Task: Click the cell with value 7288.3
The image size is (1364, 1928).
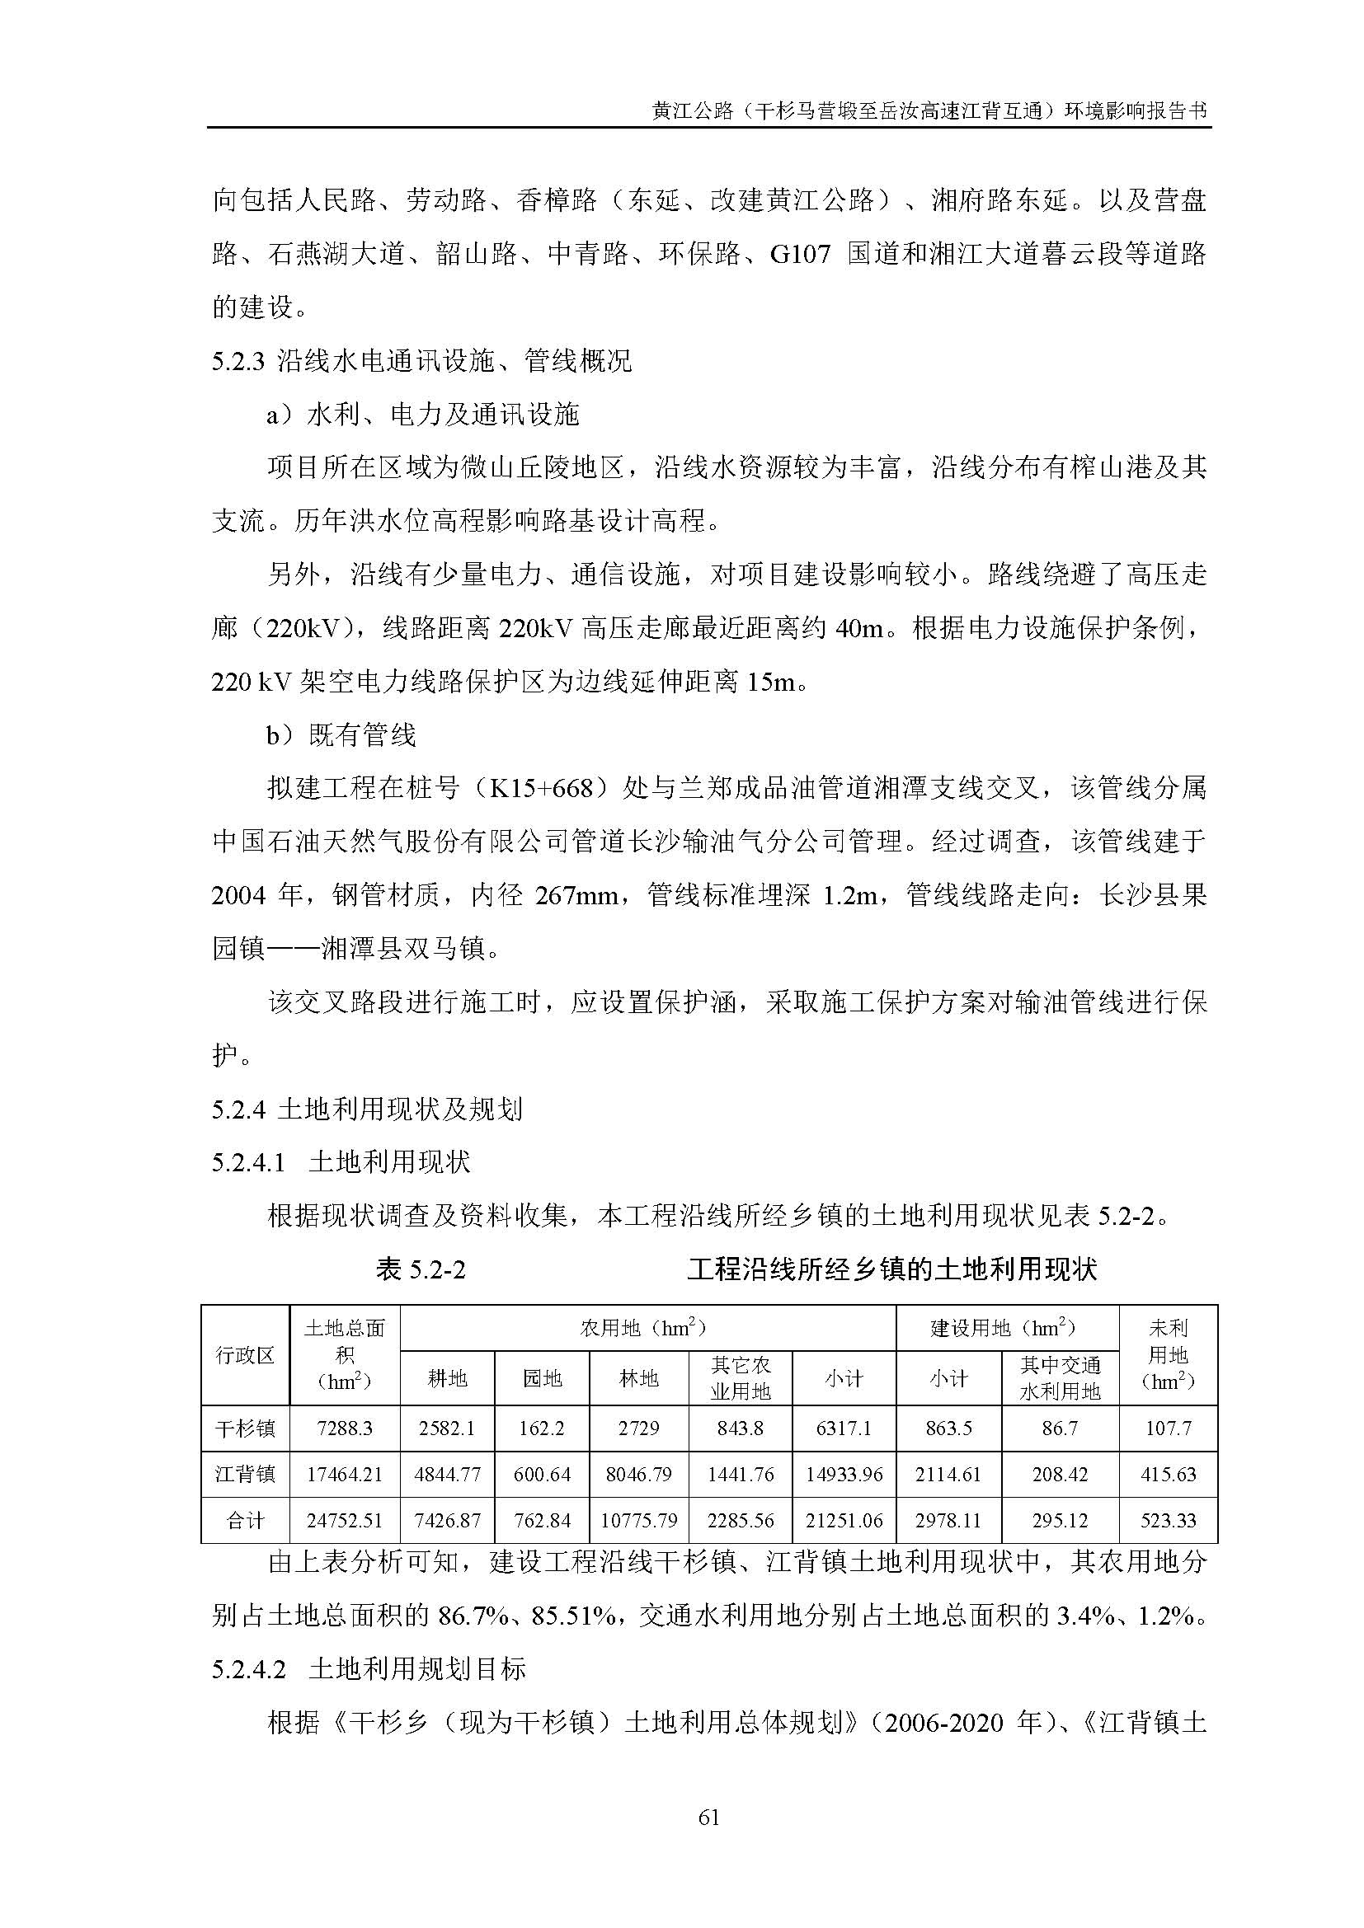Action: click(x=345, y=1428)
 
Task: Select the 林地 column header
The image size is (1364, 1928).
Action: click(x=638, y=1378)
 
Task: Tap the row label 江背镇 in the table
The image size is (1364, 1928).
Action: click(x=244, y=1475)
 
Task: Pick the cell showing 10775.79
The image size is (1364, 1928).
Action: click(x=638, y=1521)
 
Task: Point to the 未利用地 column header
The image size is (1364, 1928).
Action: click(x=1168, y=1354)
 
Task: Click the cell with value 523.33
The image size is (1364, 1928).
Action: click(x=1168, y=1521)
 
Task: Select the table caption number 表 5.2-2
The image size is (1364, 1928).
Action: click(x=421, y=1269)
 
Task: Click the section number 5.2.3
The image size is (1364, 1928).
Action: click(x=238, y=362)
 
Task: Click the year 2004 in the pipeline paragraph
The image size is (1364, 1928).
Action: click(x=238, y=896)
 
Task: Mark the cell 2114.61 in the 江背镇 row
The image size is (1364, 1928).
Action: click(x=948, y=1475)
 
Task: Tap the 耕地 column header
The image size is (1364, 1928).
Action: click(x=447, y=1378)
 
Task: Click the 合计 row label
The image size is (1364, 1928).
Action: click(x=244, y=1521)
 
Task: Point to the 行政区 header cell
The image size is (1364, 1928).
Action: click(x=244, y=1354)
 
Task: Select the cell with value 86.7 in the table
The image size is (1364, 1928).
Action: click(x=1059, y=1428)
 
